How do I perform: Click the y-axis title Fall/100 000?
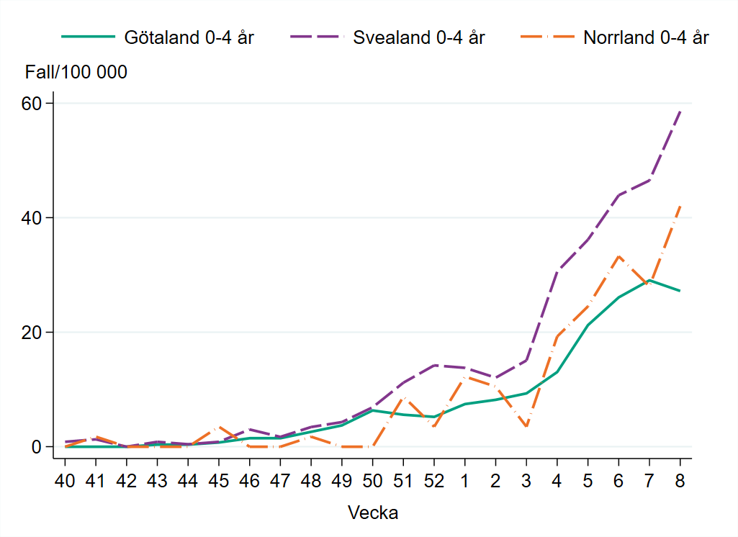pyautogui.click(x=76, y=72)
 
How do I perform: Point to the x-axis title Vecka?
pyautogui.click(x=373, y=513)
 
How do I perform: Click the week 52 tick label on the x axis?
pyautogui.click(x=434, y=480)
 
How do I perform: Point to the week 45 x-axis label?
pyautogui.click(x=219, y=480)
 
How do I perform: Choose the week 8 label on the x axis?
pyautogui.click(x=680, y=480)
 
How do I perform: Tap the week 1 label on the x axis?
pyautogui.click(x=465, y=480)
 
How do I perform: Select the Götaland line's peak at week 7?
pyautogui.click(x=649, y=280)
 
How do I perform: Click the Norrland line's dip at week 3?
pyautogui.click(x=526, y=427)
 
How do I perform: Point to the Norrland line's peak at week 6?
pyautogui.click(x=618, y=256)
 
